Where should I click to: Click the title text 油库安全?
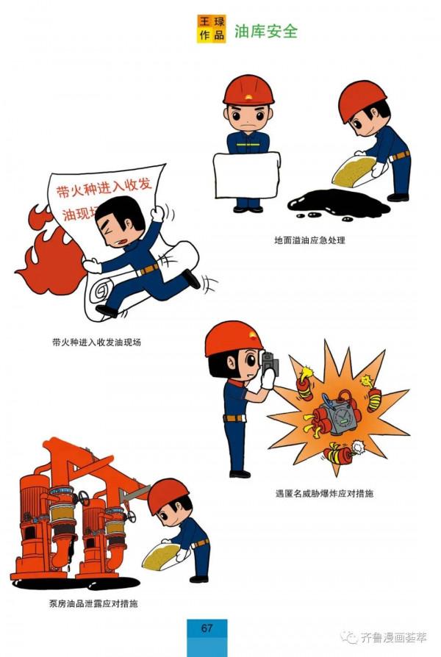pos(265,32)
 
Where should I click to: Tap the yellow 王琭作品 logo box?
pos(211,29)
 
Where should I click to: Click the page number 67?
pos(207,628)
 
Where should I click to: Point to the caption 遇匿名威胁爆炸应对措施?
pos(323,493)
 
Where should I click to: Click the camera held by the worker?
pos(268,364)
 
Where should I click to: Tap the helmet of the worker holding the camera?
pos(234,339)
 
